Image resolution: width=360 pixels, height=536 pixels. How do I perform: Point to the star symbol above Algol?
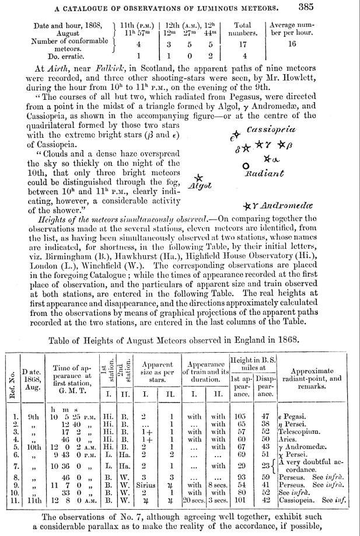(198, 178)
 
